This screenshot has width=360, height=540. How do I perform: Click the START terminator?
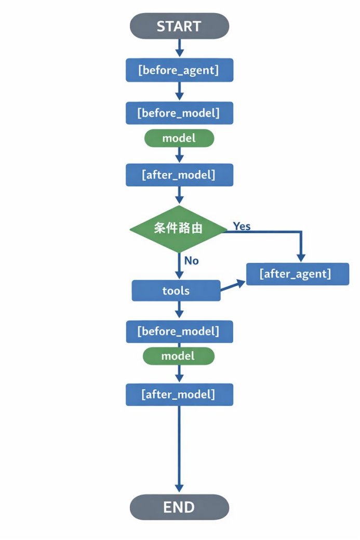pos(179,26)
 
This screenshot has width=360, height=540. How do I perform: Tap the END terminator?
pos(179,507)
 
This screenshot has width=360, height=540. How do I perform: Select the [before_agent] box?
pos(179,70)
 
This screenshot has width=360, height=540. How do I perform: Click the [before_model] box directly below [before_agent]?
pos(179,113)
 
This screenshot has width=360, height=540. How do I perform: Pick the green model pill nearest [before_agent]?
pos(179,138)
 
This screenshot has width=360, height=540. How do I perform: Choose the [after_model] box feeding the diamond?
pos(179,175)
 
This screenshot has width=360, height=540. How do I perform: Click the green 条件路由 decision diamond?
pos(178,228)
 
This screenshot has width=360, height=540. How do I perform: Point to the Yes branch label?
pos(242,226)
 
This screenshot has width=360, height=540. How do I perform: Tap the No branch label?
pos(192,260)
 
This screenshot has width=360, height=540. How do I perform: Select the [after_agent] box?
pos(297,274)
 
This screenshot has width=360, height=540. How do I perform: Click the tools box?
pos(176,291)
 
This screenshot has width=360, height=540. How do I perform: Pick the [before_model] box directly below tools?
pos(179,332)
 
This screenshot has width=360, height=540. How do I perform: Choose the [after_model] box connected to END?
pos(179,394)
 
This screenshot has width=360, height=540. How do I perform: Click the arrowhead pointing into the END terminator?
pos(179,488)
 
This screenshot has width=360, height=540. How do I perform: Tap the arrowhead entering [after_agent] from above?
pos(300,257)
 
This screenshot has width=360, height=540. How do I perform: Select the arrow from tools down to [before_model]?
pos(179,310)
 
